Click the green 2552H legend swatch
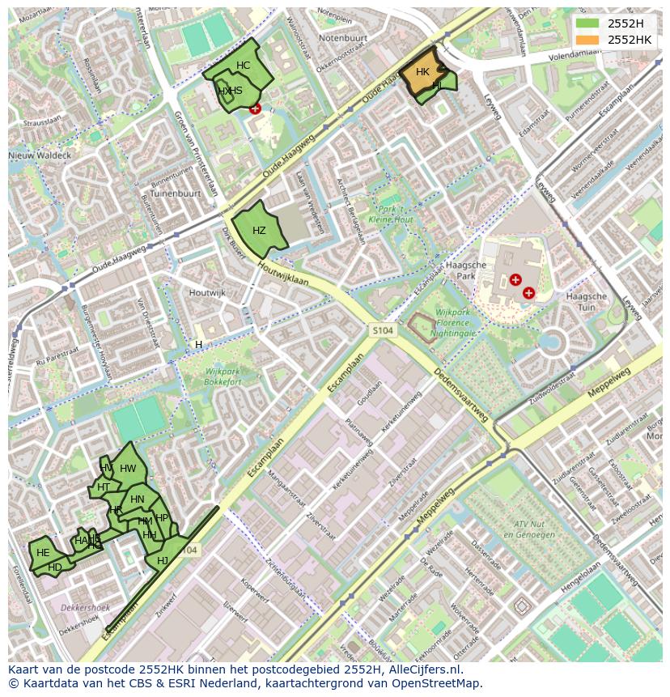(x=588, y=23)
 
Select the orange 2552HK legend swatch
(x=588, y=40)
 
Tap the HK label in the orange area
(x=422, y=72)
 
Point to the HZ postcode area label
(x=259, y=231)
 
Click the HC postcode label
(x=244, y=66)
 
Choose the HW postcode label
(x=128, y=469)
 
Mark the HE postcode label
(x=43, y=553)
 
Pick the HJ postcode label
(x=163, y=561)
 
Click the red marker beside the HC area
(x=256, y=108)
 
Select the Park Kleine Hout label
(x=391, y=215)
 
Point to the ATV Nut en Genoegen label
(x=527, y=529)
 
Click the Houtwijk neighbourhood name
(x=206, y=292)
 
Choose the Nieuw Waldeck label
(x=40, y=155)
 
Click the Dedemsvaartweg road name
(x=460, y=396)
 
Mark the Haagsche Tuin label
(x=587, y=302)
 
